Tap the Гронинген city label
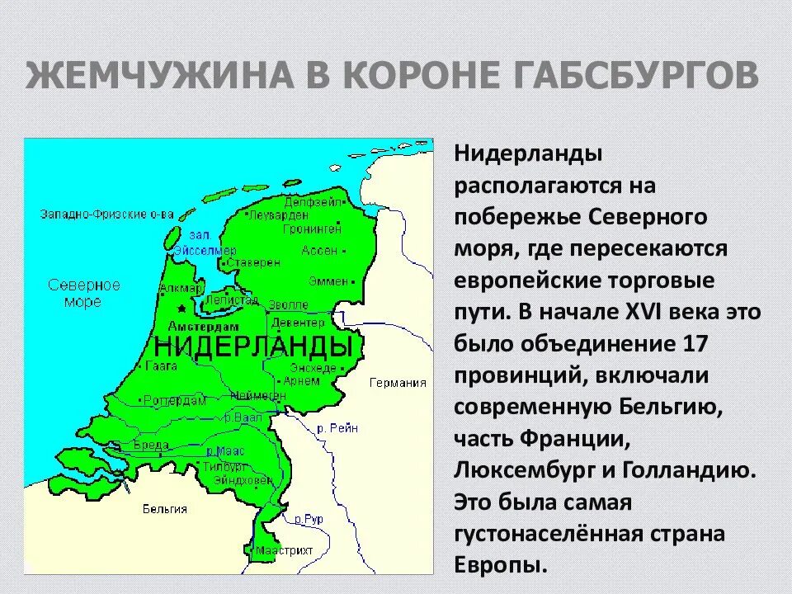(x=311, y=228)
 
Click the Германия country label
(x=398, y=382)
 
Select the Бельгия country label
(x=164, y=508)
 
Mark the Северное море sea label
(x=84, y=293)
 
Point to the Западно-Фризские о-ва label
(x=106, y=214)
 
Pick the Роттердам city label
(x=175, y=400)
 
